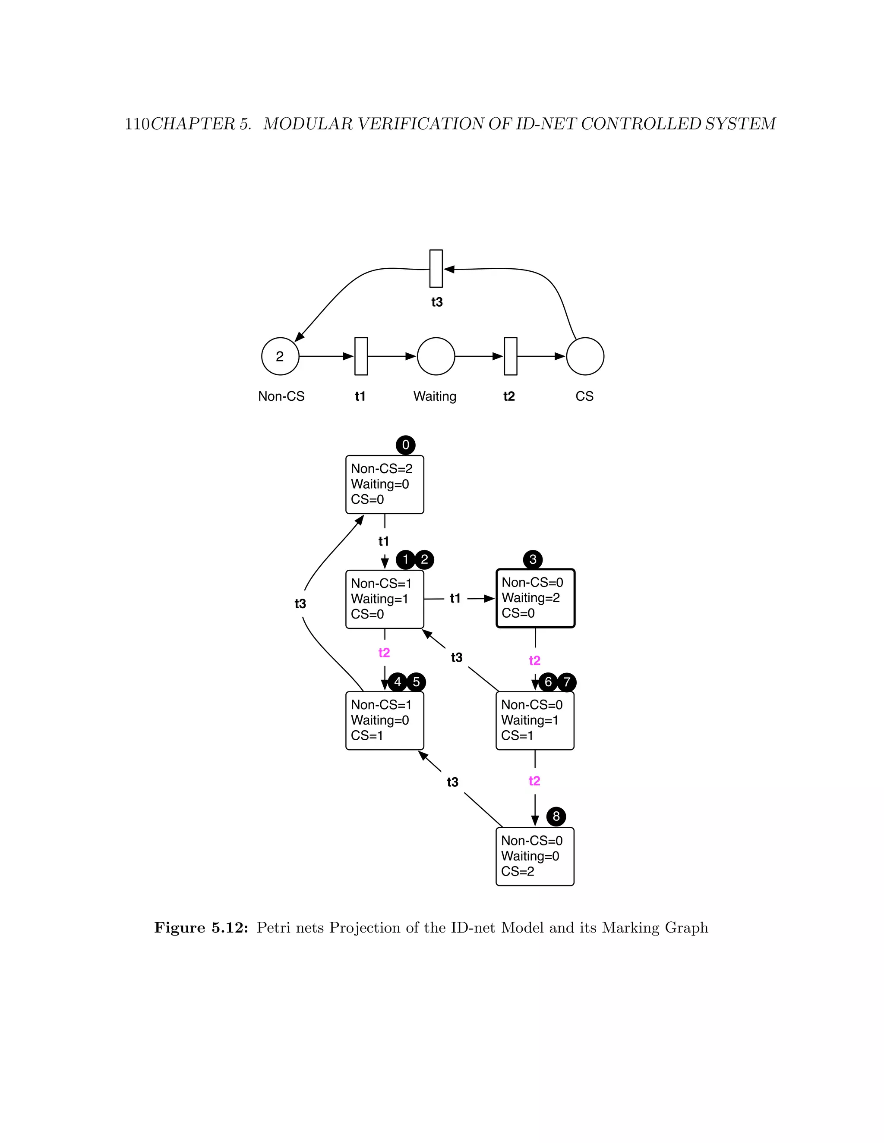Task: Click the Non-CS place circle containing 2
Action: pos(280,356)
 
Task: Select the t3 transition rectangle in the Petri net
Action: pos(436,268)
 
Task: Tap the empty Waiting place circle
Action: pos(436,356)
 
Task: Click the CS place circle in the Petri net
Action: pos(585,356)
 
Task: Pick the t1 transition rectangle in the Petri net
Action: pos(361,356)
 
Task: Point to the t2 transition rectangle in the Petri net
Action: pos(511,356)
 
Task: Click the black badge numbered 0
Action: pos(405,446)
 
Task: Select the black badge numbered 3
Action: pos(533,559)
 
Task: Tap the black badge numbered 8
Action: pos(556,816)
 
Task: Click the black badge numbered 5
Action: pos(417,682)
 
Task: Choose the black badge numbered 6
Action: pos(548,682)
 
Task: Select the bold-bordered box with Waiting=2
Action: pos(535,598)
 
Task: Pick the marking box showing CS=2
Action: pos(535,857)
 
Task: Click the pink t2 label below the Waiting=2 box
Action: pos(535,660)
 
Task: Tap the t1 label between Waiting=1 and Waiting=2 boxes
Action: pos(455,598)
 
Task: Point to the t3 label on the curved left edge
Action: pos(300,604)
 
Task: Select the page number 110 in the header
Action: pos(137,124)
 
